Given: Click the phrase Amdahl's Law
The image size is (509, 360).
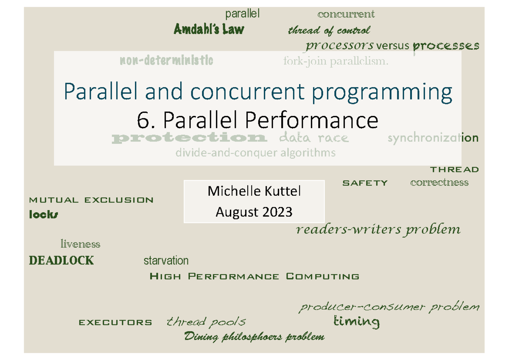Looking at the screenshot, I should (209, 29).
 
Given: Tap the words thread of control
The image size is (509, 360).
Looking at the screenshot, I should (329, 30).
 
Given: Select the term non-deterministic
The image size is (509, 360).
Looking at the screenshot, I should (166, 61).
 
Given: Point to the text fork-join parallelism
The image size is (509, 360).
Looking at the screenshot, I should (336, 62).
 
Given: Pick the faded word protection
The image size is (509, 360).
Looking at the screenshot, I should (189, 138).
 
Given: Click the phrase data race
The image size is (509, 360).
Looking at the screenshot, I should (314, 138).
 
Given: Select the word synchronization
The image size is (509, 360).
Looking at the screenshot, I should (433, 138).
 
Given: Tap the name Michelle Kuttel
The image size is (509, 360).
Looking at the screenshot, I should (254, 191).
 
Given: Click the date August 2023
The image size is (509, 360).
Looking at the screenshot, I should (254, 211).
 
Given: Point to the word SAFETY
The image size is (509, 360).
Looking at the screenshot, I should (365, 183).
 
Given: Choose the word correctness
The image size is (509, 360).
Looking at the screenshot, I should (439, 183).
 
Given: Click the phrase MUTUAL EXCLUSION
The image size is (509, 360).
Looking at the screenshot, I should (91, 200).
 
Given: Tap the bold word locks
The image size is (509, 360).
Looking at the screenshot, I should (43, 215).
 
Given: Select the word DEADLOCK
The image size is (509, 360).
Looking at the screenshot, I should (61, 260).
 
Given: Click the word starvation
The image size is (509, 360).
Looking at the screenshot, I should (166, 260).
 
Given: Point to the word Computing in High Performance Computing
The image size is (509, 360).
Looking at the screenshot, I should (323, 277).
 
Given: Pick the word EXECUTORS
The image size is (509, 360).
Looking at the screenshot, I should (115, 323).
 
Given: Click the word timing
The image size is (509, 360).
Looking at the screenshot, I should (356, 322).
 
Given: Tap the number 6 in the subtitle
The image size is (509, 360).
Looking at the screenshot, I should (142, 121).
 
